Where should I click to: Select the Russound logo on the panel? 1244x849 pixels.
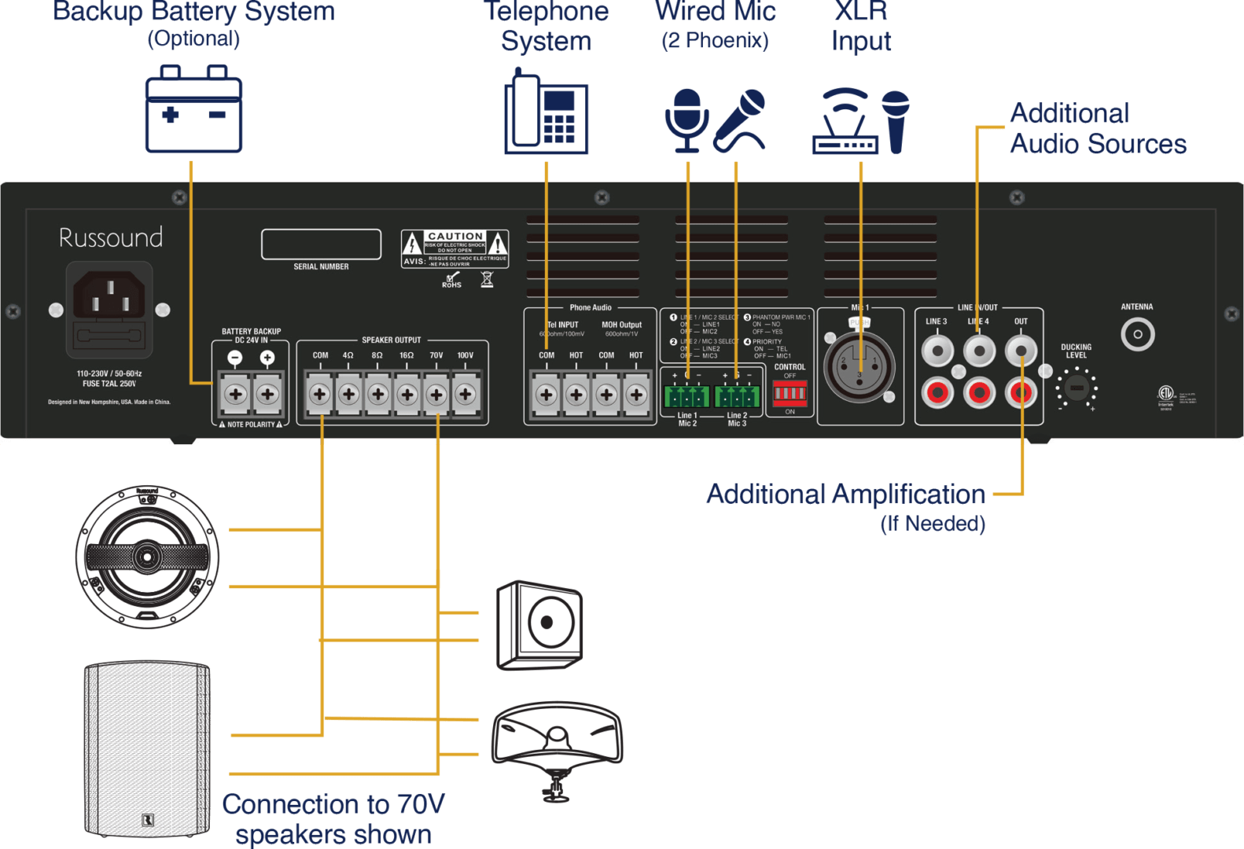click(111, 237)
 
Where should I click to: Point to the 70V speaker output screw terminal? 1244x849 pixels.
click(436, 395)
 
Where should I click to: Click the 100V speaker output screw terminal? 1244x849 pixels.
click(466, 395)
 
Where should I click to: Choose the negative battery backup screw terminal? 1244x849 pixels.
click(235, 395)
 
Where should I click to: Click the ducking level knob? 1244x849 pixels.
click(1077, 388)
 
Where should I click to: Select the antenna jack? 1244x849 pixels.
click(1137, 334)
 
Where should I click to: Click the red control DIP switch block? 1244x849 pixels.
click(789, 393)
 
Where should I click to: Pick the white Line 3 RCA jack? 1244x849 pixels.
click(937, 351)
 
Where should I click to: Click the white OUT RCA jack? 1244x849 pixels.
click(1021, 351)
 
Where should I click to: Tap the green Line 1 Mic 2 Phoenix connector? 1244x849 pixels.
click(686, 395)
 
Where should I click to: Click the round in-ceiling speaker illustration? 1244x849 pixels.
click(147, 557)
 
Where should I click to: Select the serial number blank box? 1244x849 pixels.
click(321, 244)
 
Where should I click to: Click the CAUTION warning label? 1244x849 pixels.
click(455, 248)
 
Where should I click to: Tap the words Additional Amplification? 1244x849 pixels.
click(845, 494)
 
